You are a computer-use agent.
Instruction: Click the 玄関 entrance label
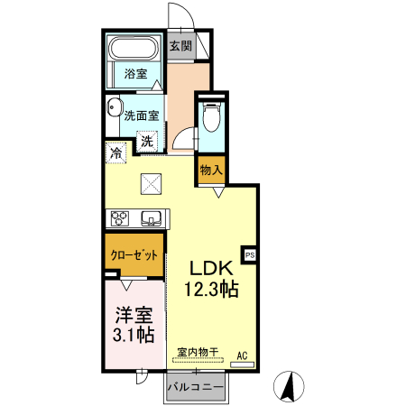180,46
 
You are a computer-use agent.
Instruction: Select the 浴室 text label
135,76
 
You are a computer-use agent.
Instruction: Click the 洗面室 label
142,115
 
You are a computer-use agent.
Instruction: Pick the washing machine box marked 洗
147,141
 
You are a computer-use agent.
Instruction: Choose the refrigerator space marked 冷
115,153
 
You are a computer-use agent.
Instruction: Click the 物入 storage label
210,169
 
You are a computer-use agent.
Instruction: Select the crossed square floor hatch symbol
151,184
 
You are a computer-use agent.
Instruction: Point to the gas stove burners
120,217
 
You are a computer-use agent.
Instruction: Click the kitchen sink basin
151,217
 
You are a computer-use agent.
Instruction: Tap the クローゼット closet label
134,255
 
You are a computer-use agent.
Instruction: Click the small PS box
250,254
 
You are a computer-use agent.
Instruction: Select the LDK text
212,268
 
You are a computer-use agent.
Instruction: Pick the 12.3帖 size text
212,290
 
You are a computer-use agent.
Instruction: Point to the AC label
242,355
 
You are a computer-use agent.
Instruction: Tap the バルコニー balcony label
197,386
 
